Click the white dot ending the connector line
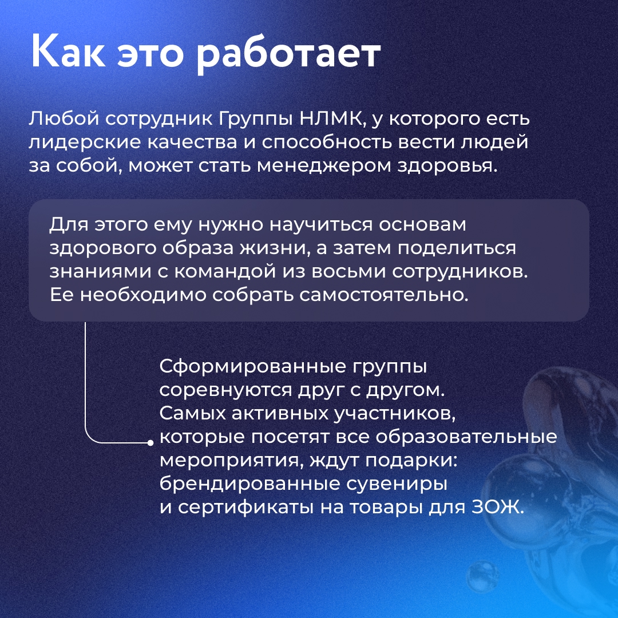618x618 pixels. (x=150, y=442)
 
